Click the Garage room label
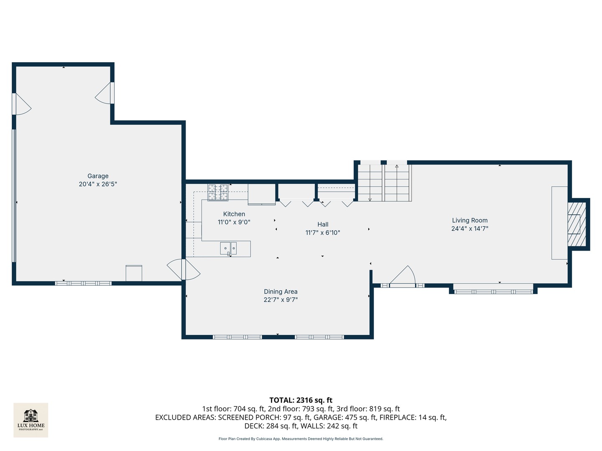click(x=98, y=176)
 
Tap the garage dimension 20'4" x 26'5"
click(x=98, y=184)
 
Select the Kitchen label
click(x=234, y=214)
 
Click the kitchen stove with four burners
click(x=218, y=192)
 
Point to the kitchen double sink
click(x=228, y=248)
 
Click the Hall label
click(x=323, y=225)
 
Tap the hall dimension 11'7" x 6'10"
click(x=323, y=233)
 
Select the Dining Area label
click(x=281, y=292)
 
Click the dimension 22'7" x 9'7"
click(x=281, y=300)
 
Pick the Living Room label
click(x=470, y=220)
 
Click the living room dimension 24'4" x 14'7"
click(x=470, y=228)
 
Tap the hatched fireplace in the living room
click(x=576, y=224)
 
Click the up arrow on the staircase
click(x=397, y=167)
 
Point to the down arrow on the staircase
click(x=370, y=199)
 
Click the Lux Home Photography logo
click(x=31, y=420)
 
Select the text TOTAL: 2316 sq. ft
click(x=301, y=400)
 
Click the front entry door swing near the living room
click(x=403, y=276)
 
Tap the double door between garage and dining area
click(x=184, y=269)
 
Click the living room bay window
click(x=493, y=289)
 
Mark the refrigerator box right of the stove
click(x=262, y=194)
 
